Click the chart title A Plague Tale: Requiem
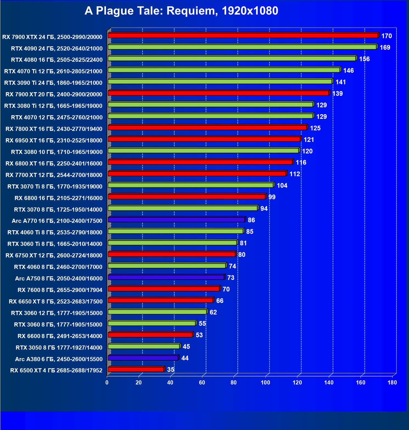pos(181,11)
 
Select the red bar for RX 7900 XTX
pos(243,35)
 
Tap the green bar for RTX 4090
pos(242,47)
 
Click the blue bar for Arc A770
pos(176,220)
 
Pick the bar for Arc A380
pos(143,358)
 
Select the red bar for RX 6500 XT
pos(136,369)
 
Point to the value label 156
pos(364,59)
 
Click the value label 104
pos(282,186)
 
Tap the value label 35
pos(171,370)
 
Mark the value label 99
pos(272,197)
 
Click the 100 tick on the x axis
pos(265,383)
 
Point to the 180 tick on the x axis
pos(392,383)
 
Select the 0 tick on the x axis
pos(107,383)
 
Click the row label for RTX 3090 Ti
pos(53,83)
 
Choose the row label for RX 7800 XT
pos(54,129)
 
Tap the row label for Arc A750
pos(59,279)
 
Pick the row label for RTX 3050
pos(59,348)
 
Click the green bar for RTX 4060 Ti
pos(175,231)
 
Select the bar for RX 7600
pos(164,289)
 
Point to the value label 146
pos(348,71)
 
